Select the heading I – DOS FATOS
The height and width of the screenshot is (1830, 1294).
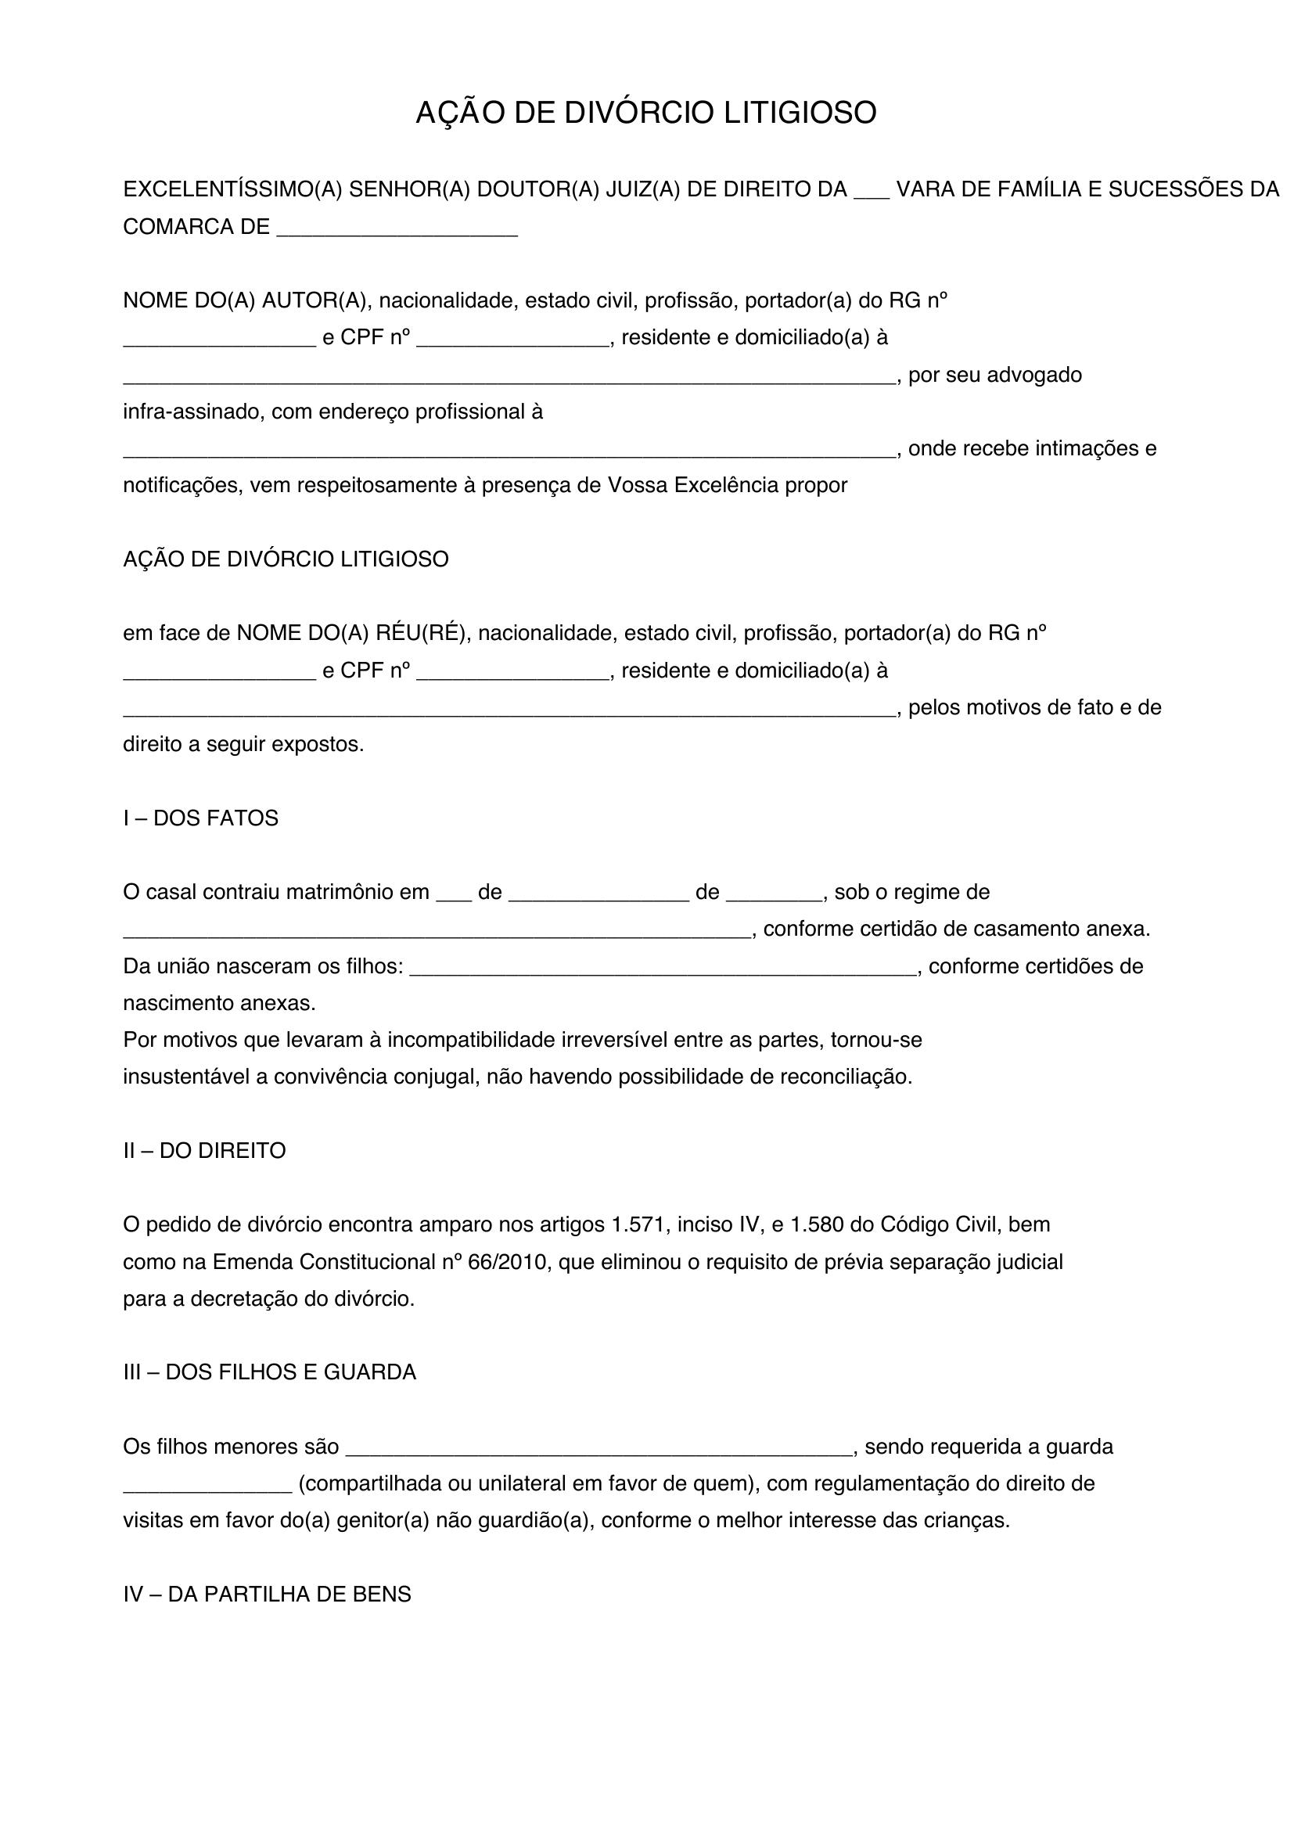tap(201, 818)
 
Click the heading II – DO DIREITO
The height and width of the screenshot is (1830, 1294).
tap(204, 1151)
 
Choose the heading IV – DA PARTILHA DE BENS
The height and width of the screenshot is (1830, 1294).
tap(267, 1594)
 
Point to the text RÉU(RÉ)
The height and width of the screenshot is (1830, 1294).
tap(421, 634)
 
